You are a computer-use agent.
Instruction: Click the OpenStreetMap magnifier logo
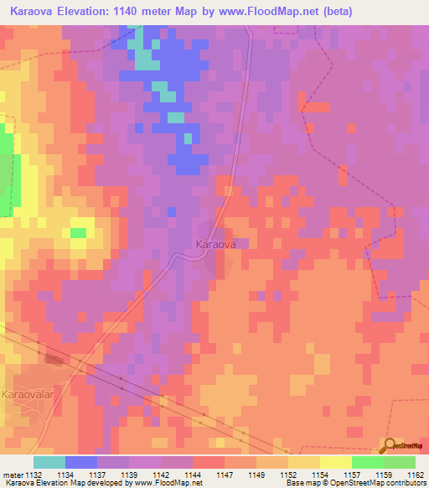[x=391, y=445]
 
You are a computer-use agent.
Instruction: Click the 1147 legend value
[x=224, y=474]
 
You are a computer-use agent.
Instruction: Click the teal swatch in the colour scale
[x=49, y=462]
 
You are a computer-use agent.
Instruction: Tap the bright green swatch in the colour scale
[x=367, y=462]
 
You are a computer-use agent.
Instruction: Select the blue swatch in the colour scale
[x=80, y=462]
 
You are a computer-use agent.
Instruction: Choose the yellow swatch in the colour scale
[x=335, y=462]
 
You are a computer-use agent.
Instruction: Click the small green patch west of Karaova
[x=78, y=232]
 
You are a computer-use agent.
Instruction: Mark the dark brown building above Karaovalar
[x=54, y=359]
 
